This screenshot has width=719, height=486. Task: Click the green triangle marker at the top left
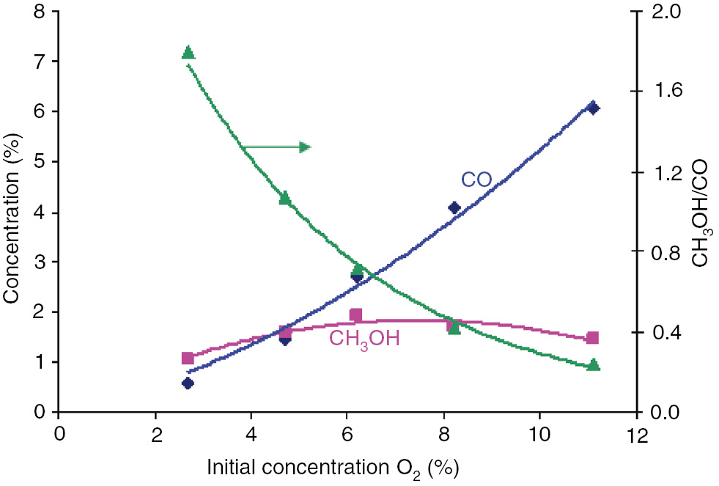(188, 52)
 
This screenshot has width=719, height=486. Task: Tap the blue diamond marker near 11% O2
(594, 108)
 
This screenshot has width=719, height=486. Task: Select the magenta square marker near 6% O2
(356, 315)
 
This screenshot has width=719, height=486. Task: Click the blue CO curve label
(476, 180)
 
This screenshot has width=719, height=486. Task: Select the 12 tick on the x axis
(637, 435)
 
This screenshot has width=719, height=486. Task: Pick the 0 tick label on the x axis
(59, 435)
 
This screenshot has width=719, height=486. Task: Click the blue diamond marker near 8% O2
(454, 208)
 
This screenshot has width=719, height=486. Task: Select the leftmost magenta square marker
(188, 358)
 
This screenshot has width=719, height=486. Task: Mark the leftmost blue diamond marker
(188, 383)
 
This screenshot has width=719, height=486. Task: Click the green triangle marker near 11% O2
(594, 364)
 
